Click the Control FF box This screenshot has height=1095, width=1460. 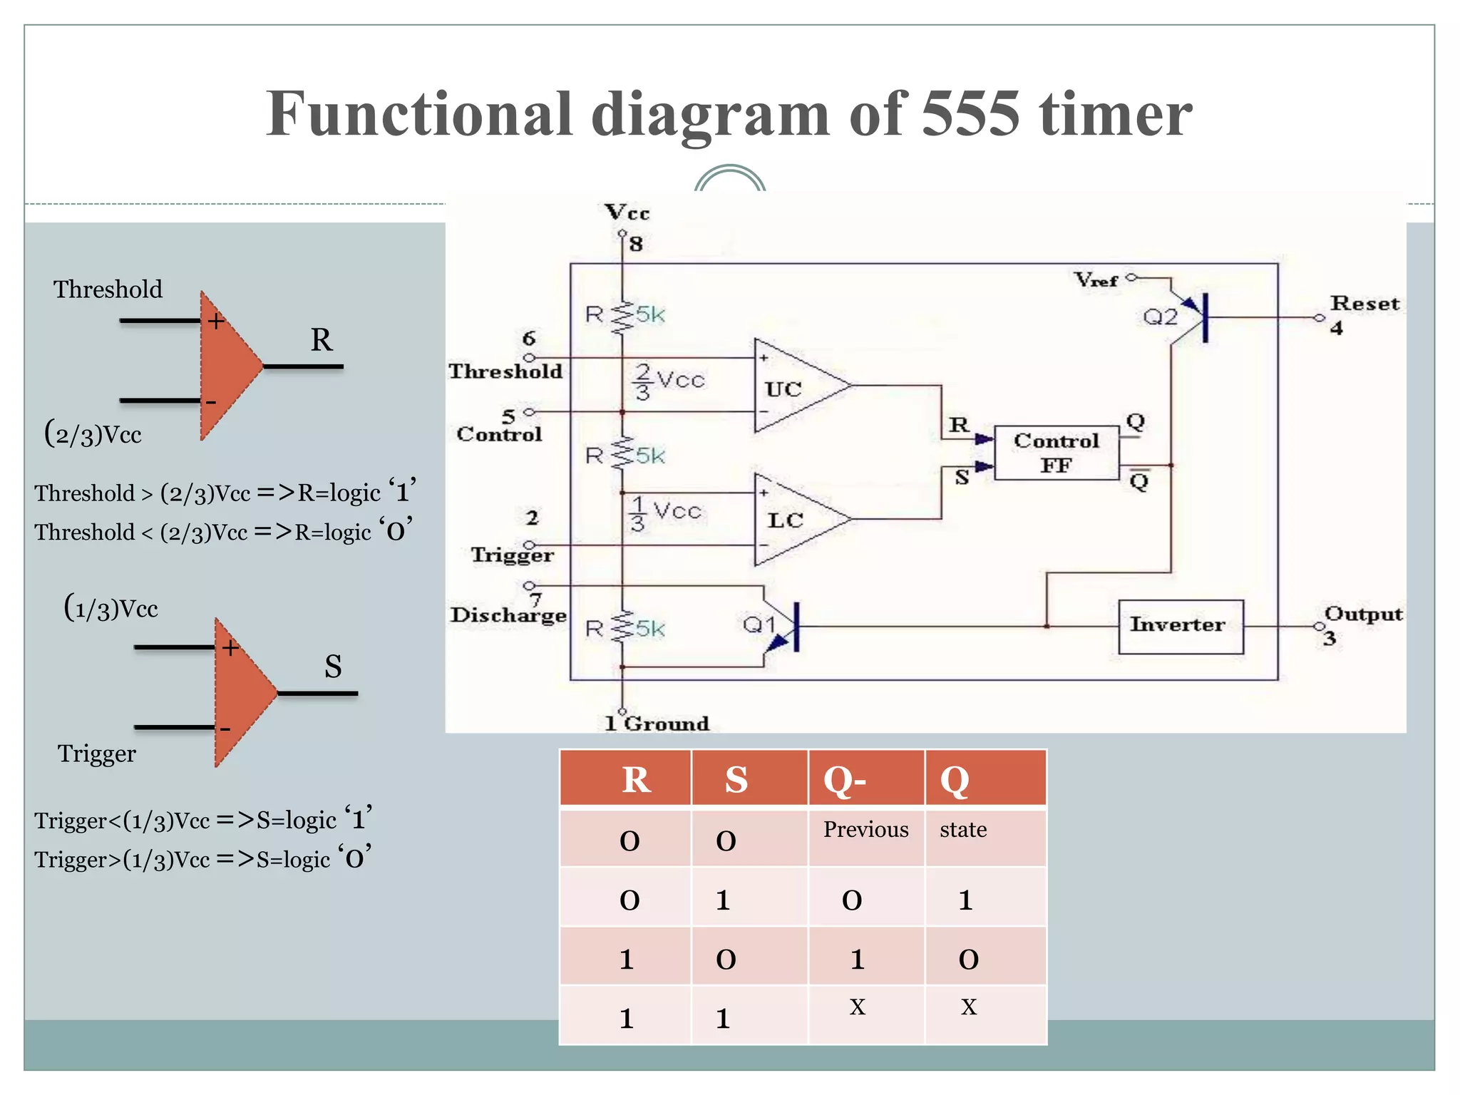tap(1056, 453)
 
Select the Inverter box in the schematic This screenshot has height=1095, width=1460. tap(1180, 626)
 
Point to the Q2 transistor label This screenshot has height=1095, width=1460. tap(1160, 317)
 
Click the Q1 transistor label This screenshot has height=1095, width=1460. tap(759, 625)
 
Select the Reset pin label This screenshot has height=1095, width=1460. tap(1364, 304)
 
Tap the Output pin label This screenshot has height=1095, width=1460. tap(1362, 614)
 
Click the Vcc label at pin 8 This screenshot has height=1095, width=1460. tap(627, 212)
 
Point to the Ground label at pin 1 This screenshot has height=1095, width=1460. tap(666, 724)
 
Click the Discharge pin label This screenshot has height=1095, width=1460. tap(508, 615)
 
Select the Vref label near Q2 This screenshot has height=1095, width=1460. tap(1096, 280)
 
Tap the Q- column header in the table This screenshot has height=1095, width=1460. tap(845, 779)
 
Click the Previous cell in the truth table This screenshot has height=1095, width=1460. tap(865, 830)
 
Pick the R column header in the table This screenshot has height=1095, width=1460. tap(636, 779)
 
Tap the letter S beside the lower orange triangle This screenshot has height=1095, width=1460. tap(333, 667)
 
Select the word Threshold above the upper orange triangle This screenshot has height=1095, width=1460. tap(108, 289)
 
